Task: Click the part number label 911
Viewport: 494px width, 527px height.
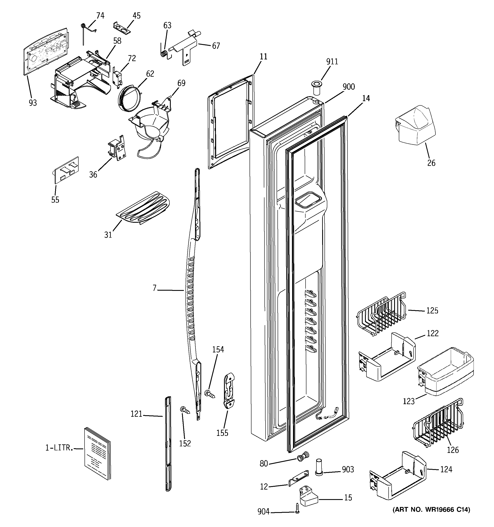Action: coord(332,62)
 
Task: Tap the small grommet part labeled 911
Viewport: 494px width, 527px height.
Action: coord(316,88)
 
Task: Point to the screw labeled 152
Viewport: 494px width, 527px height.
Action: coord(185,411)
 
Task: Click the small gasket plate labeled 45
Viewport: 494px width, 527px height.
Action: coord(122,28)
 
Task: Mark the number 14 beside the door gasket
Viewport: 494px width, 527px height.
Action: coord(366,98)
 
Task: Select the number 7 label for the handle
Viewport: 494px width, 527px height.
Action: coord(155,288)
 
